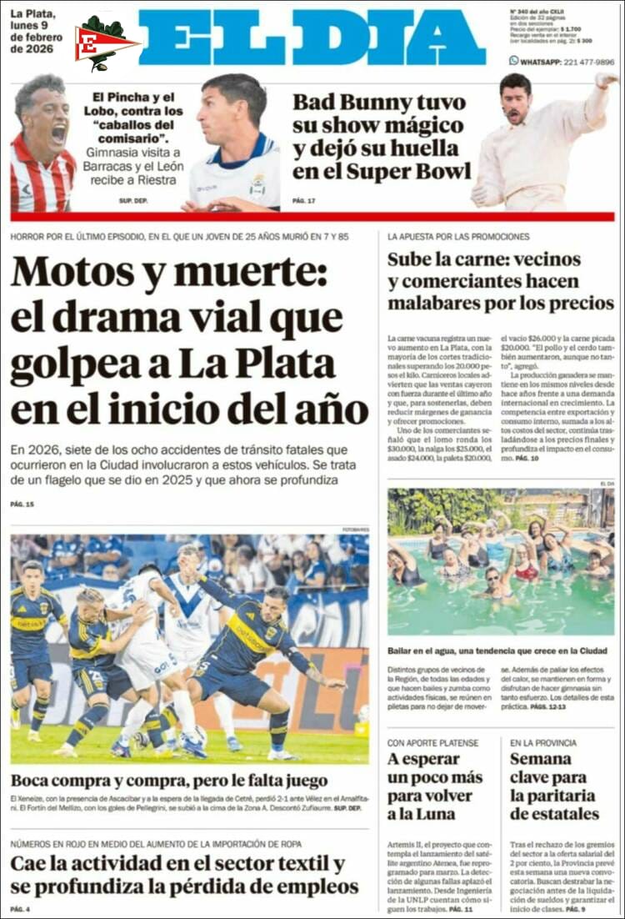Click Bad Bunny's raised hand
(x=605, y=81)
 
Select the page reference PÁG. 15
(x=22, y=505)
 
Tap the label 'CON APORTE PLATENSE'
(x=433, y=742)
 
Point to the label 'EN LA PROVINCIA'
(x=543, y=742)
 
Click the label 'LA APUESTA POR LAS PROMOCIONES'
(x=459, y=236)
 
